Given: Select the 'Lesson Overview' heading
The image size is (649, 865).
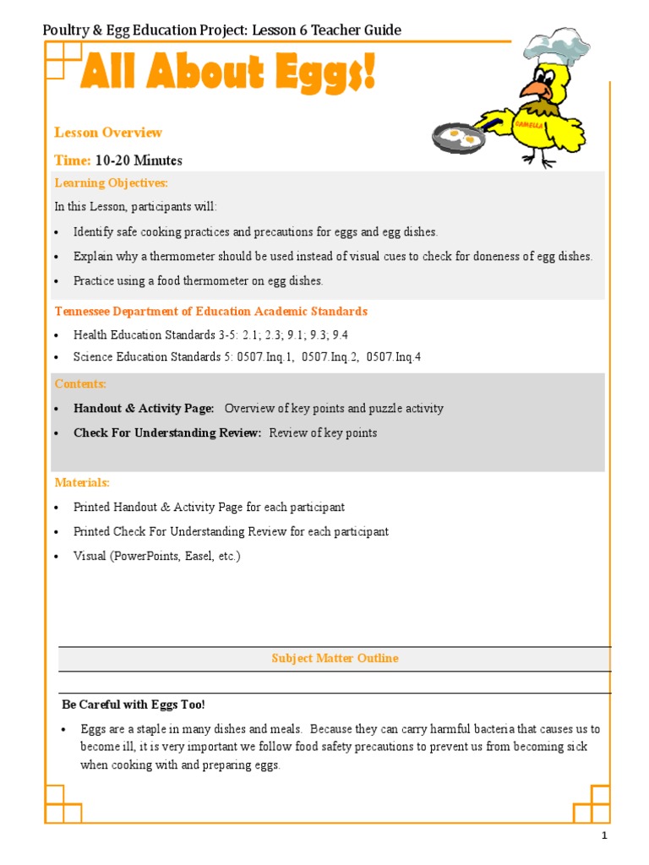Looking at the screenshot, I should tap(108, 133).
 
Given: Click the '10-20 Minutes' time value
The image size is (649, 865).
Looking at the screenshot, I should tap(139, 160).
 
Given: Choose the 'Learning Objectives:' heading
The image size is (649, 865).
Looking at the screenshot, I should tap(112, 182).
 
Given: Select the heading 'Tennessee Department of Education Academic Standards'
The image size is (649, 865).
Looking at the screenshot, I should tap(211, 311).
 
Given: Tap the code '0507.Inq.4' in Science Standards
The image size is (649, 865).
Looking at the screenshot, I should tap(392, 357).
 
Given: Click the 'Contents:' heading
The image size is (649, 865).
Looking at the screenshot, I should tap(80, 384).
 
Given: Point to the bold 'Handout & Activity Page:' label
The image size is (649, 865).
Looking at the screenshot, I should tap(144, 408).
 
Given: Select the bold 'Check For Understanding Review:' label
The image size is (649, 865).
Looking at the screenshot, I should tap(167, 432).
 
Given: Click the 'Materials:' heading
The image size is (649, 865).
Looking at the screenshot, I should tap(82, 482).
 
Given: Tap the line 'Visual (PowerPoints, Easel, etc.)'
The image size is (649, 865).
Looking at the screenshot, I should tap(157, 556).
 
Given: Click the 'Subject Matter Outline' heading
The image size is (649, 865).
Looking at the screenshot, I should tap(335, 658).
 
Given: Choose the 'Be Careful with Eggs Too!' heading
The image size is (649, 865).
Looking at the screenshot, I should tap(134, 704).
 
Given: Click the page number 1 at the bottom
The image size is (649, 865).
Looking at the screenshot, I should tap(604, 836).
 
